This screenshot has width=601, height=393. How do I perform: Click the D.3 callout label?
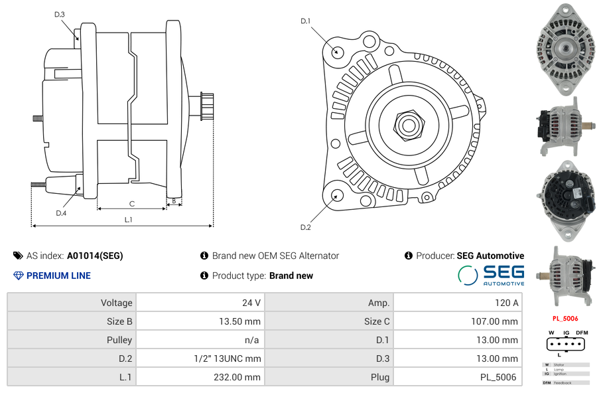tap(59, 14)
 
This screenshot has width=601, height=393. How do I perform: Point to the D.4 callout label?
tap(61, 213)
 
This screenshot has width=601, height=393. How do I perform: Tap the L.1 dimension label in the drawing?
tap(129, 220)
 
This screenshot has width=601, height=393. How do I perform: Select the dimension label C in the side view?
tap(132, 204)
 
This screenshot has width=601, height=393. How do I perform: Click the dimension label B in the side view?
tap(174, 200)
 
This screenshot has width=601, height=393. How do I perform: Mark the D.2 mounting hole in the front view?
tap(337, 195)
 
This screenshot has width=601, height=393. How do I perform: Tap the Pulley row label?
tap(119, 340)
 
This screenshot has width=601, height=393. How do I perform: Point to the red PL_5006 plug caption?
tap(565, 319)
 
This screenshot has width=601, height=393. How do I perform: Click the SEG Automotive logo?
tap(492, 275)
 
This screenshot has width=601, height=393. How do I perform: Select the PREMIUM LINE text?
tap(58, 275)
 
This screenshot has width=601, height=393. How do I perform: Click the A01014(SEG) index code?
tap(95, 256)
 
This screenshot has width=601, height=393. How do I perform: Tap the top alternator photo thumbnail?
tap(565, 48)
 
